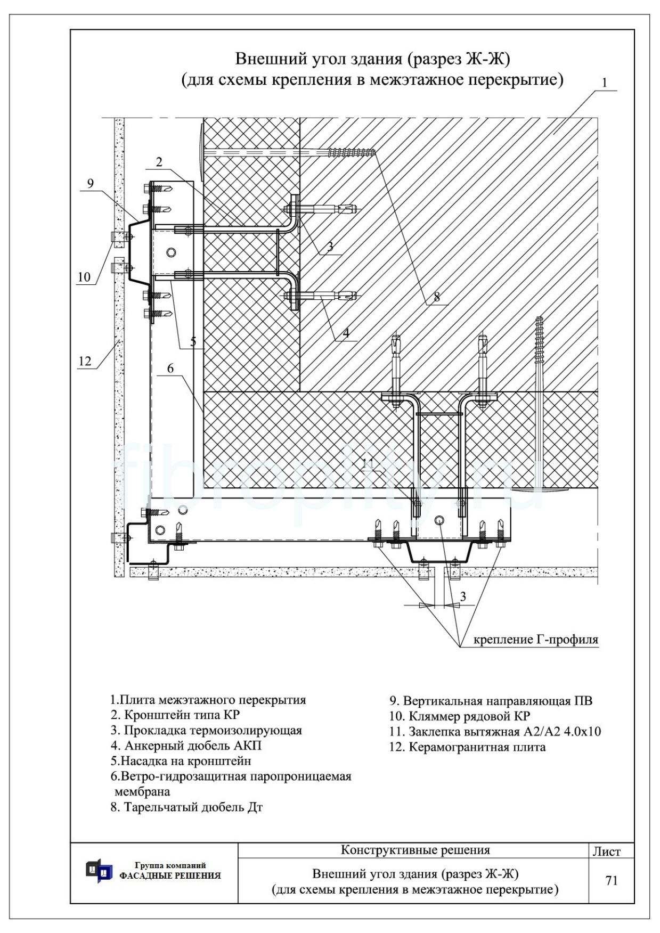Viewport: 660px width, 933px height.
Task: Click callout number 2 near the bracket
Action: [159, 162]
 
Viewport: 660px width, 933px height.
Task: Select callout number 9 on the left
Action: [90, 184]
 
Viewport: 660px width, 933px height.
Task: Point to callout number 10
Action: [84, 277]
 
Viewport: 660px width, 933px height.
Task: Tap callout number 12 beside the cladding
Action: [85, 361]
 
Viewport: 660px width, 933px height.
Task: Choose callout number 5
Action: [193, 341]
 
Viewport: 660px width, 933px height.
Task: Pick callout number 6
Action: [170, 368]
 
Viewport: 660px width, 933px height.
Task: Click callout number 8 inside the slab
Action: [437, 297]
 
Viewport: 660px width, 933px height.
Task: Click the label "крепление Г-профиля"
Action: [536, 640]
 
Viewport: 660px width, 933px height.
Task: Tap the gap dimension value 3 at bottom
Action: [463, 596]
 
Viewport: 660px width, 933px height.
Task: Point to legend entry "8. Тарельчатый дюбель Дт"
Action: [186, 807]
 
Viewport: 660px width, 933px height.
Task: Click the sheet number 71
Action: [612, 881]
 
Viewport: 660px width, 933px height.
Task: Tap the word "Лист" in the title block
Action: [607, 852]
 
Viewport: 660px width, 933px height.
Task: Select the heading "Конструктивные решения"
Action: [415, 849]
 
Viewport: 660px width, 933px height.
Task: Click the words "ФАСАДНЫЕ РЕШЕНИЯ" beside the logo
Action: [170, 876]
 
